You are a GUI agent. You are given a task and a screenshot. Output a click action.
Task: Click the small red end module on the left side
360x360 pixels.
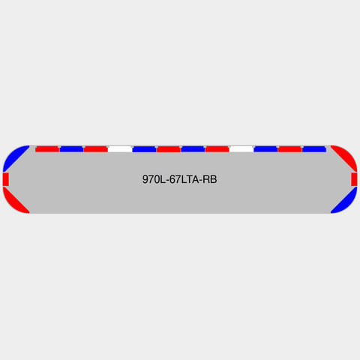[x=6, y=179]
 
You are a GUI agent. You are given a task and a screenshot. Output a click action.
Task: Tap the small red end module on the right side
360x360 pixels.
[x=354, y=179]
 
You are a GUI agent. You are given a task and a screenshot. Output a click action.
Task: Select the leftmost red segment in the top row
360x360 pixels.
[x=47, y=149]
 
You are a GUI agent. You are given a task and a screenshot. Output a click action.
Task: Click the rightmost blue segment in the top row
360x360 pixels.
[x=314, y=149]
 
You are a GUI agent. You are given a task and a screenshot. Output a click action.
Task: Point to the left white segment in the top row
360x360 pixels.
[x=120, y=149]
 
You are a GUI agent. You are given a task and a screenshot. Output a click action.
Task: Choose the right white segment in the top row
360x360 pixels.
[x=241, y=149]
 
